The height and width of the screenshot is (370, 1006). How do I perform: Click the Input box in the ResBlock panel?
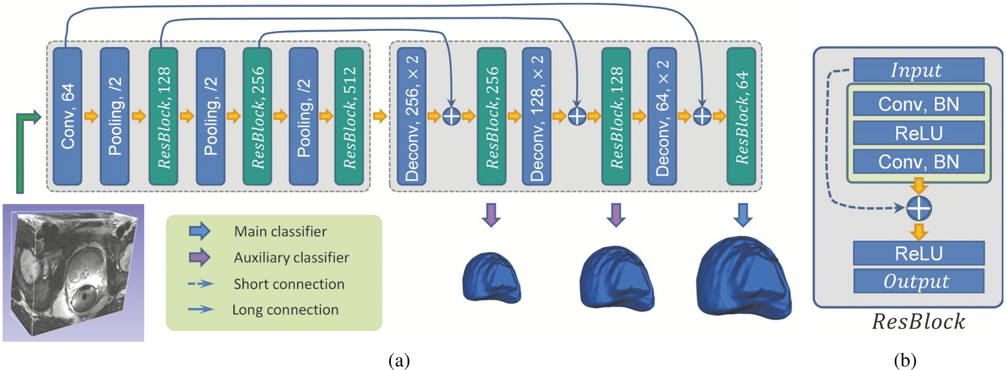pos(919,69)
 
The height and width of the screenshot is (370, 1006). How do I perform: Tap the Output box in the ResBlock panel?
pos(919,281)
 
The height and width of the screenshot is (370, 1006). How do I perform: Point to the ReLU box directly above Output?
pos(919,253)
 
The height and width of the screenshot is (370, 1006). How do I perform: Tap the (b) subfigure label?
pos(908,359)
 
